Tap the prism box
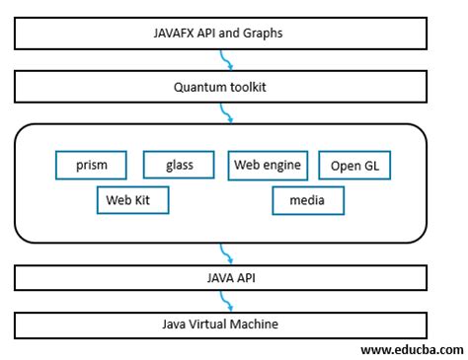(92, 165)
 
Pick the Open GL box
(354, 166)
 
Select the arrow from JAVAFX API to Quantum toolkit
(228, 61)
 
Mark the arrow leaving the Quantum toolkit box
(228, 112)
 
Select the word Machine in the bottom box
(259, 324)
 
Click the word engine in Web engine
(283, 165)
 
